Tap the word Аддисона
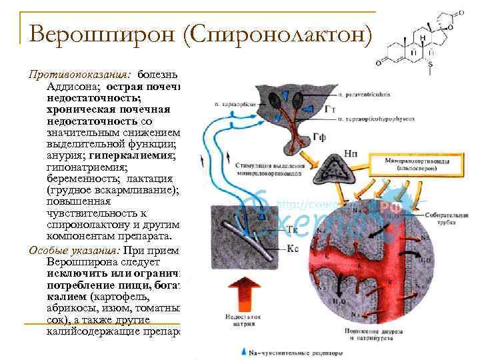pos(72,86)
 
